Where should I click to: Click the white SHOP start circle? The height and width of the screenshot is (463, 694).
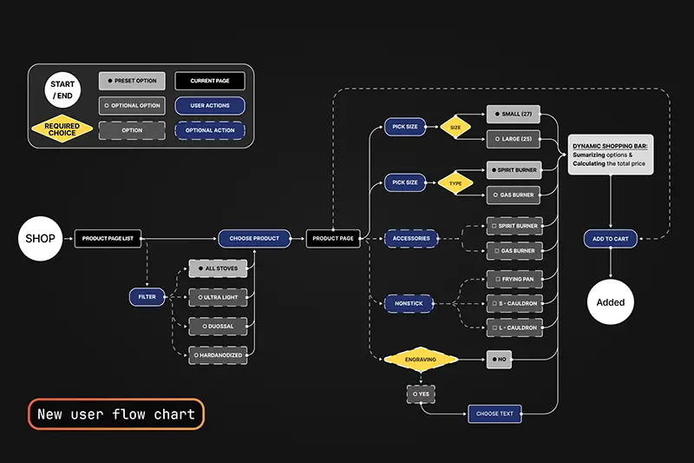40,238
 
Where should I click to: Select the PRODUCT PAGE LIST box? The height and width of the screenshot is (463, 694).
108,238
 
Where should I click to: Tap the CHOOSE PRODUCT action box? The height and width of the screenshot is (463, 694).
254,238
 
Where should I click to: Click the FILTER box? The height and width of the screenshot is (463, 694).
147,297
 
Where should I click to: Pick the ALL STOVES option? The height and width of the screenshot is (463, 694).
218,269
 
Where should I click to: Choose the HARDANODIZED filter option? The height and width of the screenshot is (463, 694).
218,354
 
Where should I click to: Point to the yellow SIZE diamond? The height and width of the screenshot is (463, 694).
455,128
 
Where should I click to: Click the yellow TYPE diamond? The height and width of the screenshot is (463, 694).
455,183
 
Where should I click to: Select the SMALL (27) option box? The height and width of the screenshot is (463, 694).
514,115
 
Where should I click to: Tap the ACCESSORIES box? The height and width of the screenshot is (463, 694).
411,238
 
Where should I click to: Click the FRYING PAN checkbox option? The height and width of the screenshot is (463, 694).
514,280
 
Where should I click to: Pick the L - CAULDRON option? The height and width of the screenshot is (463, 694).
514,327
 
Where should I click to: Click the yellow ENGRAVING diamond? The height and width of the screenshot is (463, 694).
421,359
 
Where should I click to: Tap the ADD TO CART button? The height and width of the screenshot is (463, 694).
611,238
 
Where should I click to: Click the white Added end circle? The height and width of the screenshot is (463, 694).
611,302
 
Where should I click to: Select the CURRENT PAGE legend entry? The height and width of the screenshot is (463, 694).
209,81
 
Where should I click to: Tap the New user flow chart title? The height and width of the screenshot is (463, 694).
116,413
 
